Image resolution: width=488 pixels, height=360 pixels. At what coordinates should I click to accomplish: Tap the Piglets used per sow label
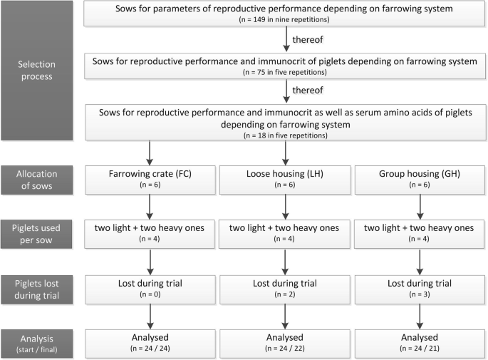36,230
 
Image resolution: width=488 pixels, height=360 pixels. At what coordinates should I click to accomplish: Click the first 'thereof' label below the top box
311,40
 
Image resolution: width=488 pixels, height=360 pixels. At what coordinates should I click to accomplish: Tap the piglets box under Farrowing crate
150,230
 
